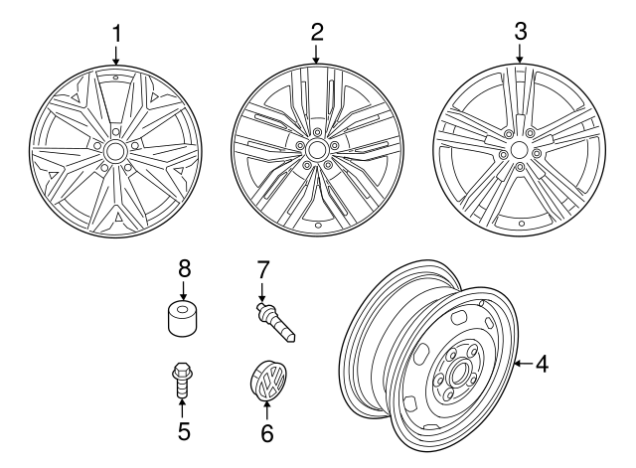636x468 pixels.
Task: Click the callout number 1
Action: click(116, 32)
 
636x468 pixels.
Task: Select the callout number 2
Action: click(316, 31)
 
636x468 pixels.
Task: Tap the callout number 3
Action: click(520, 31)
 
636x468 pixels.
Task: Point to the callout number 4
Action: click(541, 365)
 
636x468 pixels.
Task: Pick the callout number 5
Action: click(182, 433)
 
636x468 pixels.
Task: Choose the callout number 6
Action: click(264, 433)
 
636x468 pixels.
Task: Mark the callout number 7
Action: click(262, 268)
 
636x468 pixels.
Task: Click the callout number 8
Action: click(182, 268)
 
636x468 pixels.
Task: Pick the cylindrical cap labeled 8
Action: click(182, 319)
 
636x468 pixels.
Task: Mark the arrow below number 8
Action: click(182, 290)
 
